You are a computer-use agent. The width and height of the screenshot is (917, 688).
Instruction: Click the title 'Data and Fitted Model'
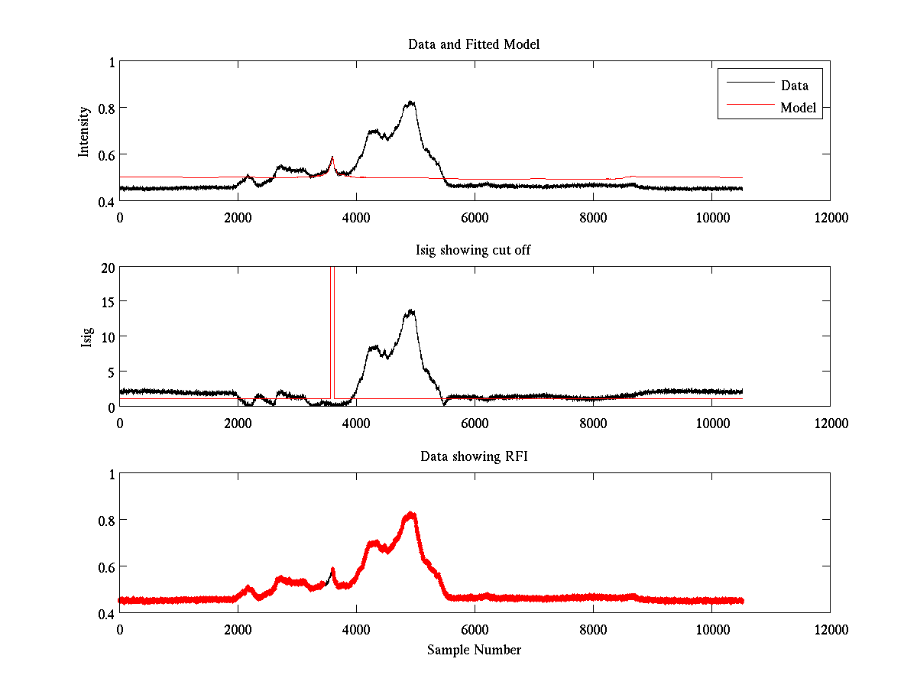pyautogui.click(x=474, y=44)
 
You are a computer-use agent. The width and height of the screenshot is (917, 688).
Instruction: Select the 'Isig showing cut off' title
pyautogui.click(x=474, y=251)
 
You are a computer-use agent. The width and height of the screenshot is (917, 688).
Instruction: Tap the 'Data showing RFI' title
pyautogui.click(x=474, y=456)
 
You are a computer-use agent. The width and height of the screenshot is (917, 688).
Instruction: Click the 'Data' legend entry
pyautogui.click(x=794, y=86)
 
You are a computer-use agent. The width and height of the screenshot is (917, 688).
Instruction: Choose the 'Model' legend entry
pyautogui.click(x=798, y=108)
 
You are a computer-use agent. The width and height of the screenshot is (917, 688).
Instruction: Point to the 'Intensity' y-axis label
pyautogui.click(x=85, y=131)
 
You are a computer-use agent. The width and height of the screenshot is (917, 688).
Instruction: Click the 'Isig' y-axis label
pyautogui.click(x=87, y=337)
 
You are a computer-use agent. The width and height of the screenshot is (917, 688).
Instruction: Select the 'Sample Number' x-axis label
pyautogui.click(x=474, y=650)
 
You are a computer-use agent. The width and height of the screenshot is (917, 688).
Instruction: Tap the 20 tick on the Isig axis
pyautogui.click(x=107, y=267)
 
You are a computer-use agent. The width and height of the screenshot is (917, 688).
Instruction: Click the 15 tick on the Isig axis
pyautogui.click(x=107, y=302)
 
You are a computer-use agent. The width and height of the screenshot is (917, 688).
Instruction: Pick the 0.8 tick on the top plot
pyautogui.click(x=105, y=108)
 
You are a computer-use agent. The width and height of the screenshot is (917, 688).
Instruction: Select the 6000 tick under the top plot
pyautogui.click(x=475, y=218)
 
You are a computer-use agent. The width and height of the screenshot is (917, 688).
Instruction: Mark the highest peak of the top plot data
pyautogui.click(x=411, y=102)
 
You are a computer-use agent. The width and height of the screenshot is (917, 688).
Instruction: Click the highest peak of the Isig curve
pyautogui.click(x=411, y=310)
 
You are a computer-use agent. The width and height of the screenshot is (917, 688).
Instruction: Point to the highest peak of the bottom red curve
pyautogui.click(x=411, y=514)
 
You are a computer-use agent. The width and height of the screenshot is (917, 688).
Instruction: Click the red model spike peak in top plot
pyautogui.click(x=332, y=157)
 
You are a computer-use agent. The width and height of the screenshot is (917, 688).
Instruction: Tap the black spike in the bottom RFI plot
pyautogui.click(x=332, y=570)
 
